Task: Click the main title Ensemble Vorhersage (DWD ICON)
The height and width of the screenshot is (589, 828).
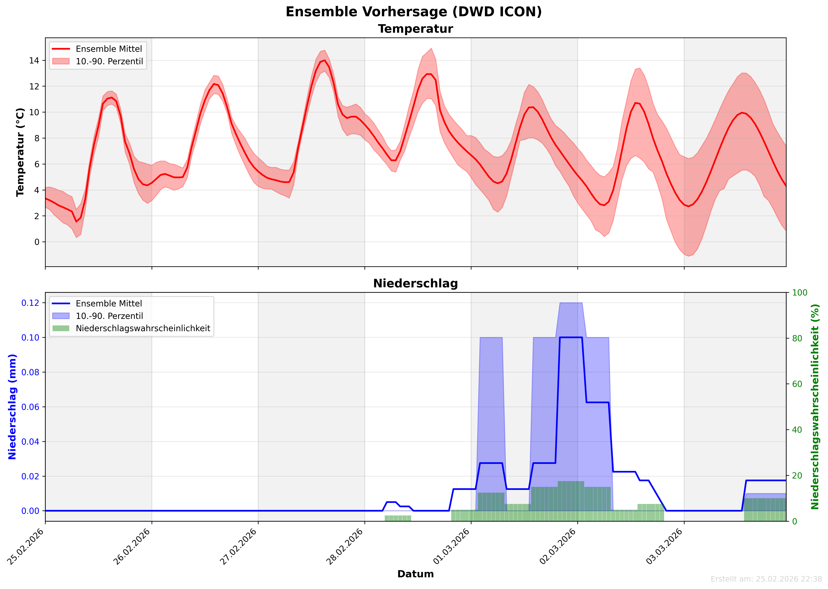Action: click(414, 12)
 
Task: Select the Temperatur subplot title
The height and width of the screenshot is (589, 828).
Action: click(415, 29)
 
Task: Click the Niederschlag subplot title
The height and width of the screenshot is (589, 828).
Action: click(415, 284)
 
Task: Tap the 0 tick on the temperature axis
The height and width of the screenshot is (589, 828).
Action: click(37, 242)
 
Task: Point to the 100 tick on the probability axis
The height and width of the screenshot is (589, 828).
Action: click(799, 293)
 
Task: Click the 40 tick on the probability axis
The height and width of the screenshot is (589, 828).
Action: click(797, 430)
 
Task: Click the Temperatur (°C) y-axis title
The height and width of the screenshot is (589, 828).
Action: click(20, 152)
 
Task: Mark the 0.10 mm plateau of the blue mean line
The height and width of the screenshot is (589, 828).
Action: click(571, 337)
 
